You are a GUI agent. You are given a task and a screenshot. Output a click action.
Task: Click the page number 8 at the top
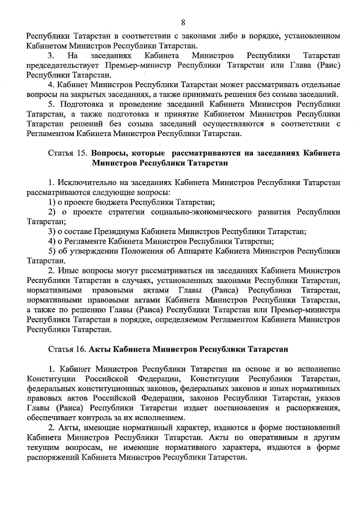(183, 22)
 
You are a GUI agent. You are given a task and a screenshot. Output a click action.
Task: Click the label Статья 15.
(68, 153)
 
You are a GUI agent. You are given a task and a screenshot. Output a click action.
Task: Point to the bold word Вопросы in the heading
(109, 153)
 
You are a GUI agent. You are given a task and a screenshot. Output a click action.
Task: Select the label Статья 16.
(68, 349)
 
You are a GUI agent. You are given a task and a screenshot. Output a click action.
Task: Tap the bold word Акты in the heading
(101, 349)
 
